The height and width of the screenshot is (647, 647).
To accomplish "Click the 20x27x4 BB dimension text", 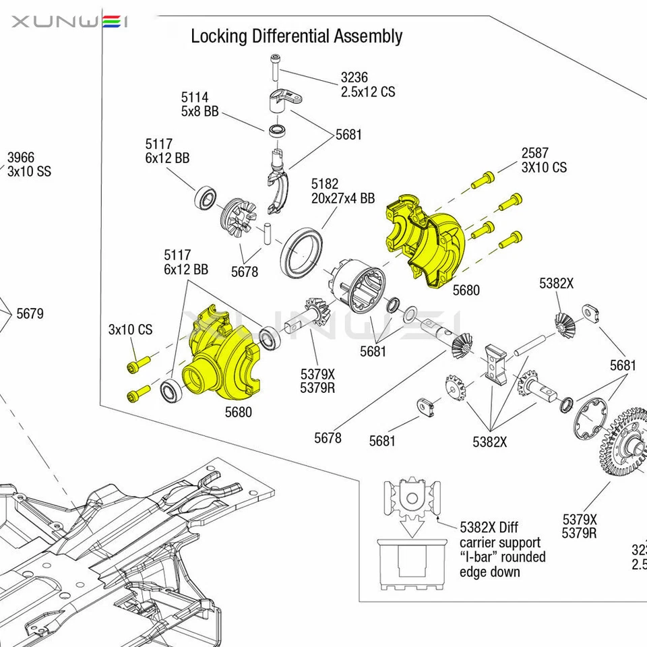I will (343, 198).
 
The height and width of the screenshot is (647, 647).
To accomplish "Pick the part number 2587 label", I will (534, 153).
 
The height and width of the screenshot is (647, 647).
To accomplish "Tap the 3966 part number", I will (20, 158).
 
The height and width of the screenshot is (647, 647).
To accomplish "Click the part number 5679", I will (30, 313).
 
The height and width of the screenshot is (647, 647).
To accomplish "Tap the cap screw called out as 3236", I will (276, 68).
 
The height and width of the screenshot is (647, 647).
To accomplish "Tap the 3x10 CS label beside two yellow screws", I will (130, 330).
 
